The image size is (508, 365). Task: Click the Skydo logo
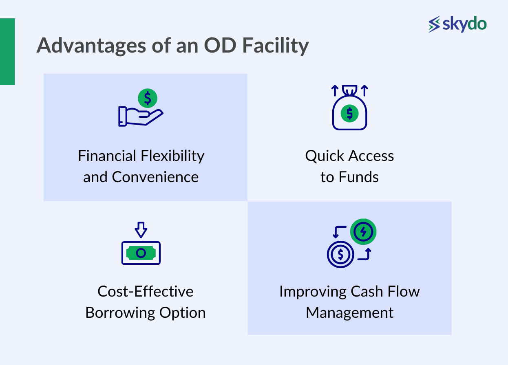[x=457, y=24]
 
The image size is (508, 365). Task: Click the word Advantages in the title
[x=91, y=46]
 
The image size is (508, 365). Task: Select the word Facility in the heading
[x=276, y=46]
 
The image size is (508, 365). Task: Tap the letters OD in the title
[x=220, y=45]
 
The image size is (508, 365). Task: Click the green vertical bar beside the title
[x=7, y=51]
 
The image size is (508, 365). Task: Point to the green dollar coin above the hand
[x=148, y=98]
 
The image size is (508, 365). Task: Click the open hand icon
[x=141, y=116]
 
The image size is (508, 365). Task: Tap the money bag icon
[x=349, y=108]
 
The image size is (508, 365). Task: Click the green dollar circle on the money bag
[x=349, y=113]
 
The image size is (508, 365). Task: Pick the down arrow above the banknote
[x=141, y=230]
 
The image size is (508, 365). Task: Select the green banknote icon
[x=141, y=253]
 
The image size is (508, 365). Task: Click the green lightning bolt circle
[x=363, y=231]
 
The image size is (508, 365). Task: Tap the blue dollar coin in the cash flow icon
[x=340, y=254]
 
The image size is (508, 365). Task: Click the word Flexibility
[x=172, y=156]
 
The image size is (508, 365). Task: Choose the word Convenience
[x=155, y=177]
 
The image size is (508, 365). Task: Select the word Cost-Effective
[x=146, y=291]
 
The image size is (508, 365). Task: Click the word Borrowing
[x=120, y=313]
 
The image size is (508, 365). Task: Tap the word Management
[x=349, y=313]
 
